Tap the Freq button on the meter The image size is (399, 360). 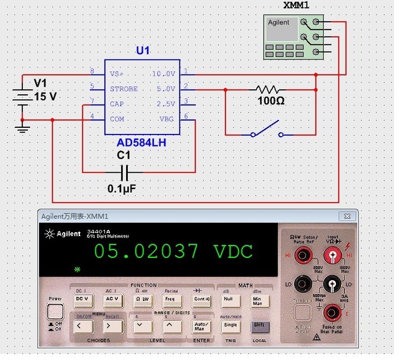[x=169, y=298]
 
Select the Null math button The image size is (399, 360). [x=227, y=298]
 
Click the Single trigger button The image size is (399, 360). [x=230, y=325]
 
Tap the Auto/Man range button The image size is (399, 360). [x=200, y=326]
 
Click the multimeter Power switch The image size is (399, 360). [x=55, y=311]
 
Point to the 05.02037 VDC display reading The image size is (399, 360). [x=173, y=251]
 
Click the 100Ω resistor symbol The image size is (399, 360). [x=271, y=89]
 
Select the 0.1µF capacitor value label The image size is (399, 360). [x=122, y=188]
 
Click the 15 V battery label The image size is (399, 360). [x=45, y=96]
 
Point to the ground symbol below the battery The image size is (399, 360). [x=23, y=128]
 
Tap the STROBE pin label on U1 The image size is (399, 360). [x=124, y=89]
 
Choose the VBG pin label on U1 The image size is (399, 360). [x=166, y=119]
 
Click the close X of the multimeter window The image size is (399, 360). [x=346, y=216]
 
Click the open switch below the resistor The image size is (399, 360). [x=267, y=129]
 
